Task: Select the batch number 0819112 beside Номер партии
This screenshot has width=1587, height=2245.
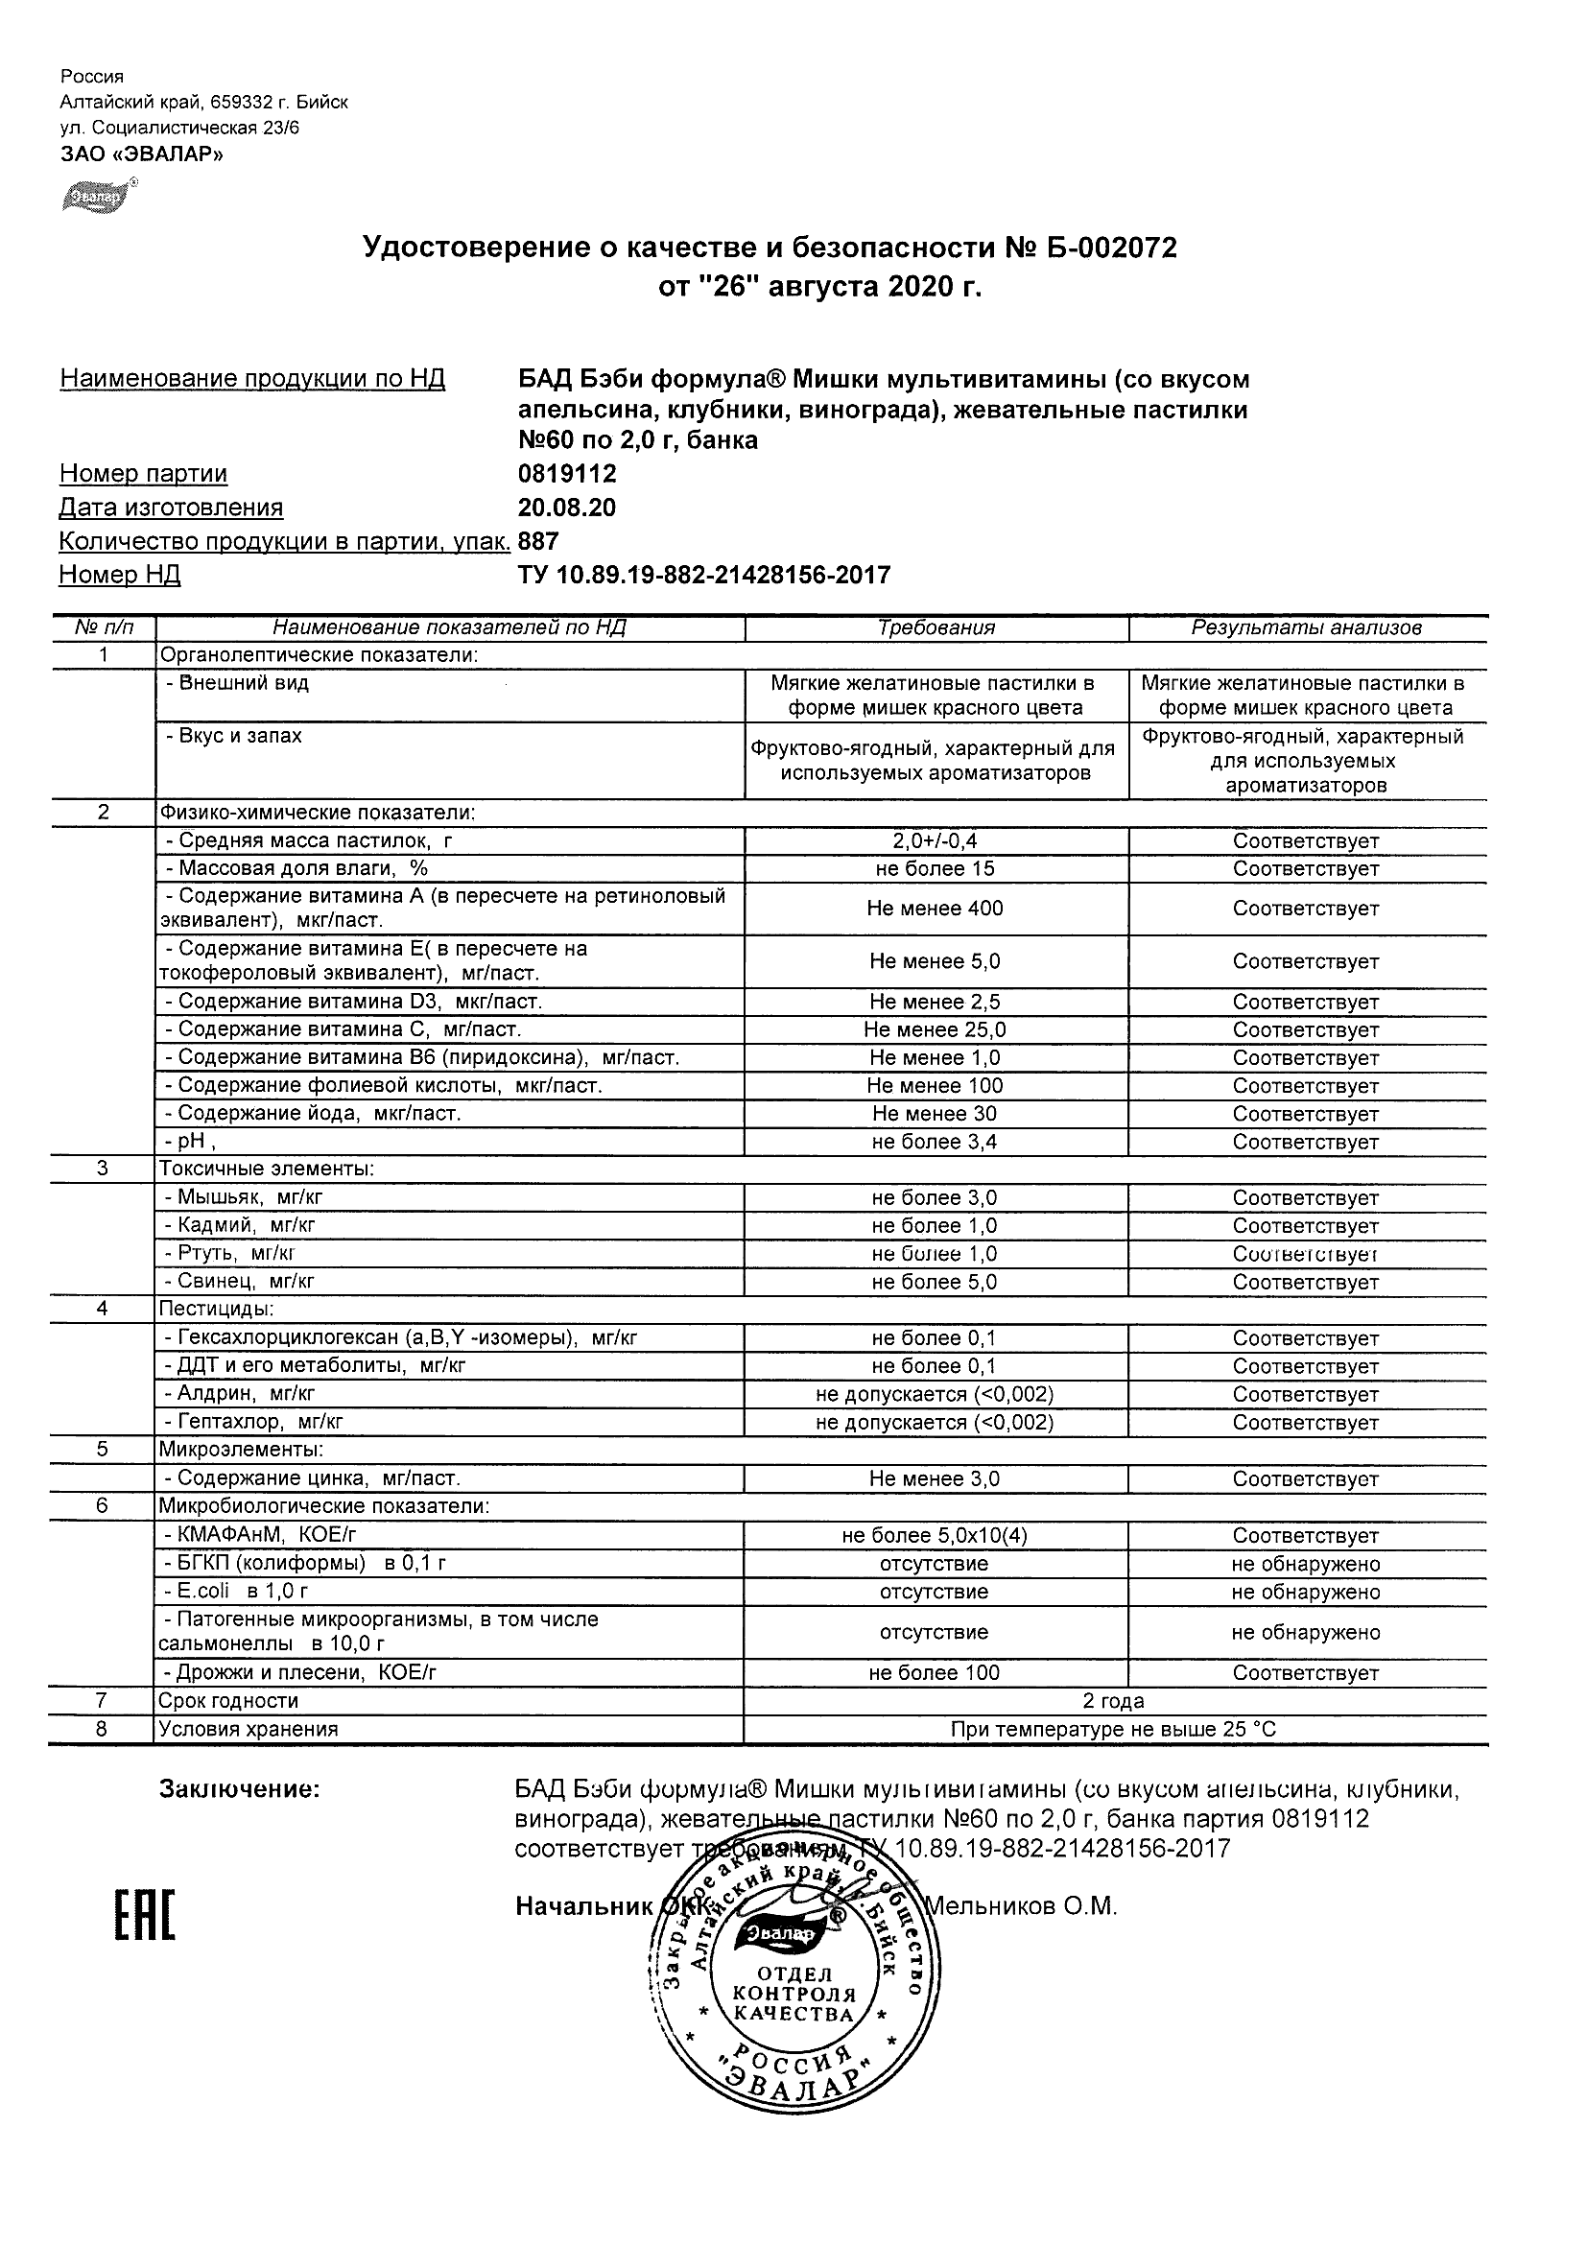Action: [x=567, y=474]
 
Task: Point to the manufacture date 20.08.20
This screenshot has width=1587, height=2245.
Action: [x=567, y=508]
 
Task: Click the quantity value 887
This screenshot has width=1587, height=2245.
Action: [x=539, y=541]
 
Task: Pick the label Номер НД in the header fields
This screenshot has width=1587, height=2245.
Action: [x=119, y=575]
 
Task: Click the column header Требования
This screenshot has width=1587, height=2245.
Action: [x=936, y=627]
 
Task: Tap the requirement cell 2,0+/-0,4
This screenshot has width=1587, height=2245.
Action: [x=935, y=840]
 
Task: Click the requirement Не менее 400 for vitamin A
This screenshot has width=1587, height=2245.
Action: [x=935, y=909]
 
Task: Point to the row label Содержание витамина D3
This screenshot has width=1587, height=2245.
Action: [x=354, y=1002]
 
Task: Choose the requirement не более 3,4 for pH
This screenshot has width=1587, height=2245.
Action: [x=935, y=1141]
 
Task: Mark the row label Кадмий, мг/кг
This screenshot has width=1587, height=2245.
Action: [x=241, y=1225]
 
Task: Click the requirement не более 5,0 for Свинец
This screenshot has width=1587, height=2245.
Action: [x=935, y=1282]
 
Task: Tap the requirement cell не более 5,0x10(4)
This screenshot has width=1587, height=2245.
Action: [x=935, y=1536]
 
